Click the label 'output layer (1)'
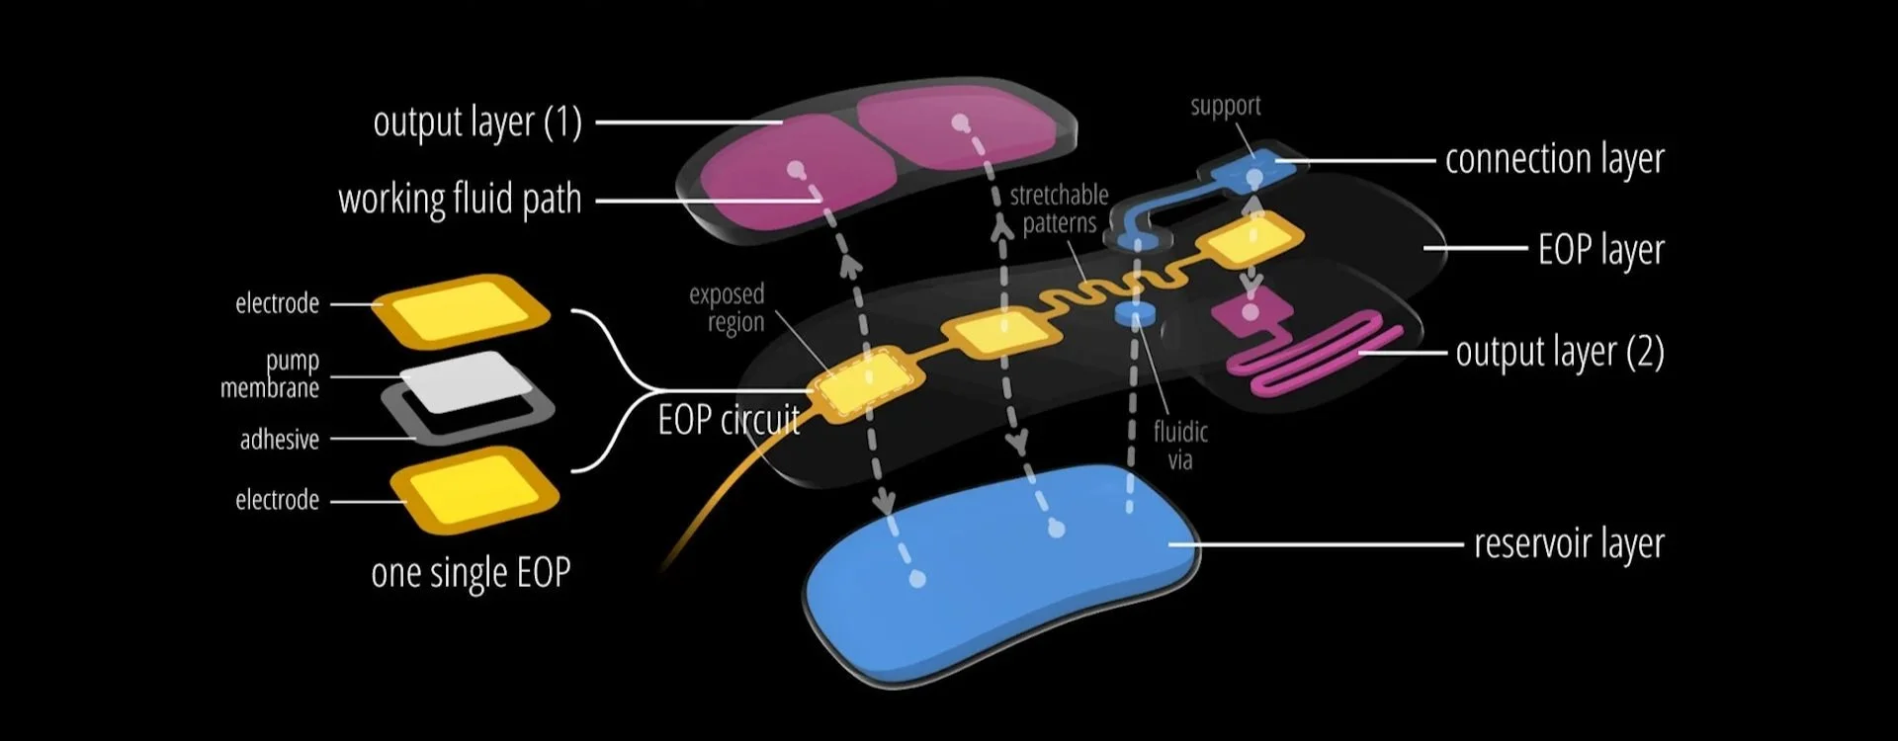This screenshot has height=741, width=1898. point(477,123)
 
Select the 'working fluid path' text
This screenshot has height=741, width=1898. point(460,200)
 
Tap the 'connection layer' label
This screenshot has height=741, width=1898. point(1554,159)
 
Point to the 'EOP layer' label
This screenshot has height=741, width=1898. point(1600,250)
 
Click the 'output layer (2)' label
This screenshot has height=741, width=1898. point(1559,353)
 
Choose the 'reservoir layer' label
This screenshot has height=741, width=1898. point(1569,544)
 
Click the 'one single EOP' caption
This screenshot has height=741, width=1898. point(471,573)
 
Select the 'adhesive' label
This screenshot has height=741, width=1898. point(280,440)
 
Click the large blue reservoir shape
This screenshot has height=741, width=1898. point(998,573)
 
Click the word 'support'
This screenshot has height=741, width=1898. point(1225,106)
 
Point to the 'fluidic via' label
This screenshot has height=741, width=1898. point(1180,446)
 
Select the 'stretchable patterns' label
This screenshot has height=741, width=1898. point(1059,209)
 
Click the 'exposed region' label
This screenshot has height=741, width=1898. point(727,308)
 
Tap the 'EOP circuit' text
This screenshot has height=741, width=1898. point(729,421)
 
